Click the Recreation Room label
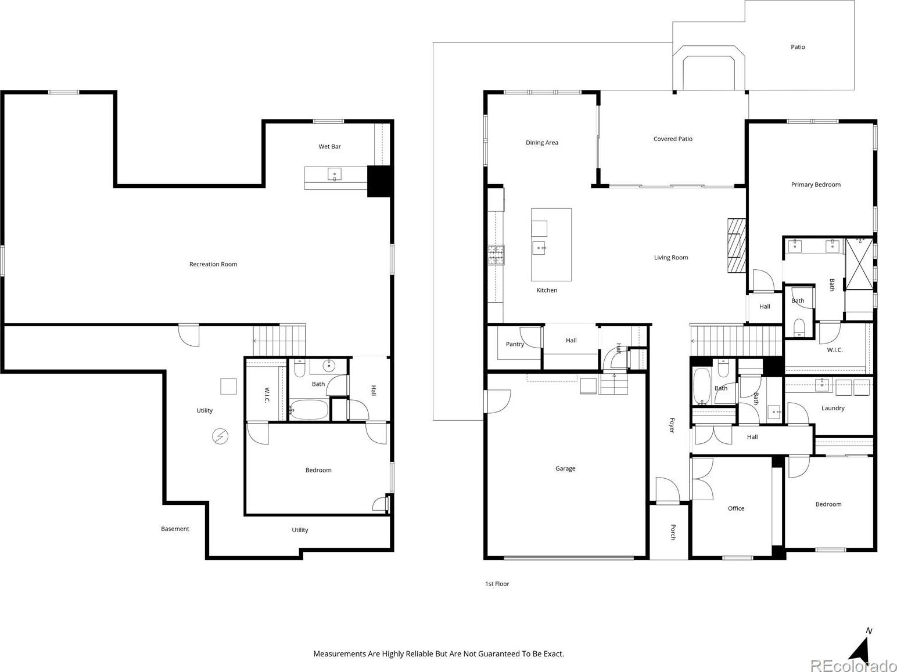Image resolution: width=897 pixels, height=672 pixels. pos(213,264)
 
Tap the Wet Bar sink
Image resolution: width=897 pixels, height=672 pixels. pos(334,174)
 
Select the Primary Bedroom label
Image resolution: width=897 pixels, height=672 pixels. pos(816,185)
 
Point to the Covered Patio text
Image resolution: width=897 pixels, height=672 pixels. pos(673,139)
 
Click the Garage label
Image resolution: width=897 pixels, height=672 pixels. pos(565,468)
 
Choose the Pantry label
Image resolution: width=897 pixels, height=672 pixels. pos(515,344)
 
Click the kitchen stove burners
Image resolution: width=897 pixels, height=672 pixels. pos(496,255)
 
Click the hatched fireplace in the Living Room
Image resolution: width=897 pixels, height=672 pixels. pos(737,245)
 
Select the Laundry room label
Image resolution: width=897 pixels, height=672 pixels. pos(833,408)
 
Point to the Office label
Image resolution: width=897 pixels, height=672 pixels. pos(735,508)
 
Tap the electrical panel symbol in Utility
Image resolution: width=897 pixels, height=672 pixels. pos(220,436)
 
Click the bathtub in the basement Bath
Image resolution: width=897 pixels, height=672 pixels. pos(308,409)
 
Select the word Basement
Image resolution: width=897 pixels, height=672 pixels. pos(175,529)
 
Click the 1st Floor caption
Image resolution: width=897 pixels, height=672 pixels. pos(497,584)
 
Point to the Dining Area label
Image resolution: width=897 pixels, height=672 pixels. pos(541,142)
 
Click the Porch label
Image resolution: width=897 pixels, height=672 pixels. pos(673,532)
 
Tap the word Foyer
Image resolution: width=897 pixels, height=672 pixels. pos(672,425)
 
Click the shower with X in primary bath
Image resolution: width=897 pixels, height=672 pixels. pos(859,264)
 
